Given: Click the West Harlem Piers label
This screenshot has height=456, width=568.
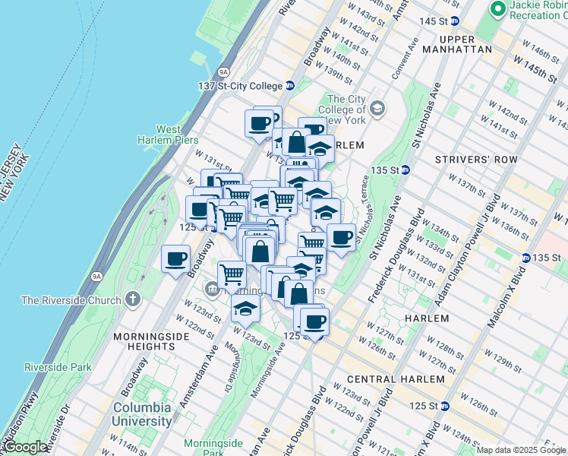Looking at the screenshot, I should tap(167, 135).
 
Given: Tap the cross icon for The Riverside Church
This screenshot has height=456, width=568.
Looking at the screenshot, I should tap(134, 299).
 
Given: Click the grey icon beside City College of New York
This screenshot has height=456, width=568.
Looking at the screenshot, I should tap(377, 112).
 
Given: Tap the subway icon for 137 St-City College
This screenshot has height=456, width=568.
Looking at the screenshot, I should tap(290, 85).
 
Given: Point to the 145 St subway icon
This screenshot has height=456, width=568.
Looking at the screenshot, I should tap(455, 21).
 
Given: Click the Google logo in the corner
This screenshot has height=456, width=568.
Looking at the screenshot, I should tap(26, 447).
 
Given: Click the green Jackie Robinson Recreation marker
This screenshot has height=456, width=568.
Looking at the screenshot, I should tap(498, 9).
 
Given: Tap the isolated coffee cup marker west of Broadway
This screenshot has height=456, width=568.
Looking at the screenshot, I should tap(175, 258).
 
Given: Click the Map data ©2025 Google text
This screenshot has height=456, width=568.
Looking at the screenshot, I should tap(521, 450).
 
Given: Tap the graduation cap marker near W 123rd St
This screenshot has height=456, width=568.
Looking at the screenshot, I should tap(245, 309).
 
